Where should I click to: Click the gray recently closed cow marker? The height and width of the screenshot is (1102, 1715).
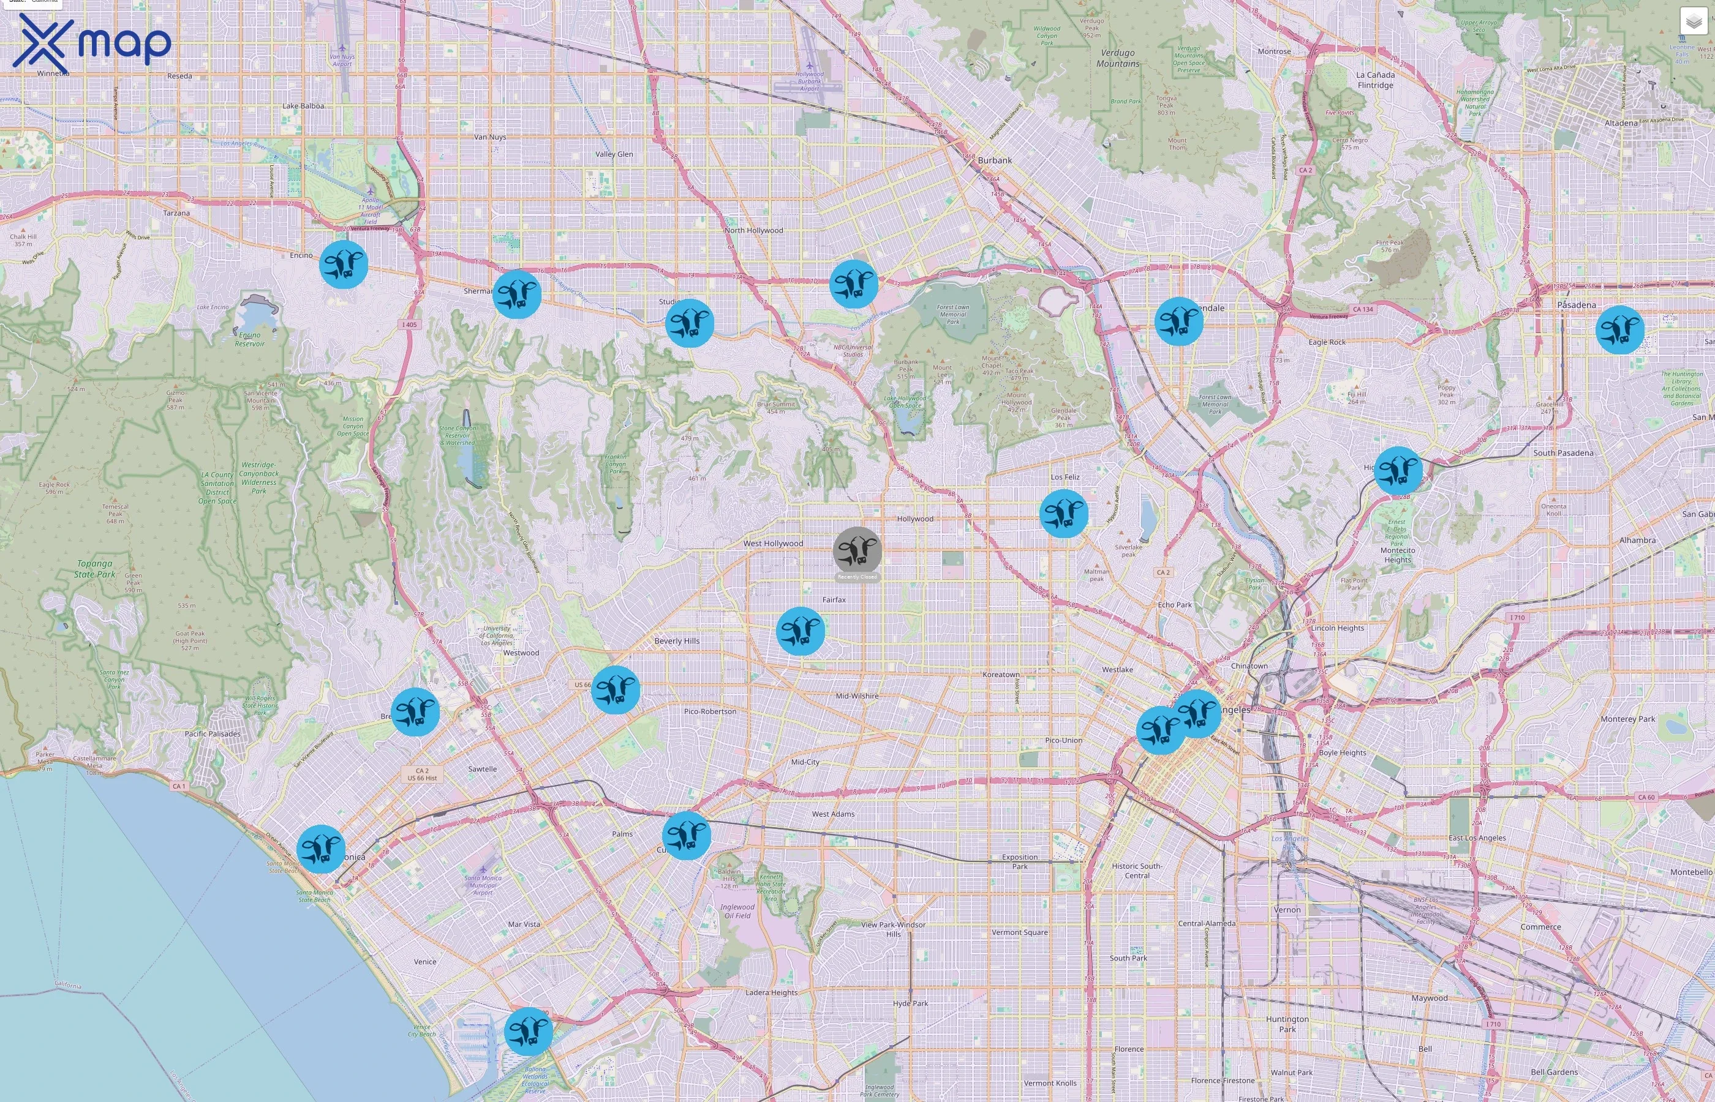tap(857, 550)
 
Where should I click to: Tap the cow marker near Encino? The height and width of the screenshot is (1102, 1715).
tap(344, 264)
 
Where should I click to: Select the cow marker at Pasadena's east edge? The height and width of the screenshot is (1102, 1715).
tap(1620, 330)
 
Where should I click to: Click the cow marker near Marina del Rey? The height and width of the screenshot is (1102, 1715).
tap(528, 1031)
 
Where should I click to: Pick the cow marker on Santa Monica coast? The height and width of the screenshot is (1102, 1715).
tap(321, 849)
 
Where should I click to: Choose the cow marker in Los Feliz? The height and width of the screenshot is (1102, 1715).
tap(1064, 513)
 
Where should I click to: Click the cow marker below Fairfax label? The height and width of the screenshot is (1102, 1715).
tap(801, 631)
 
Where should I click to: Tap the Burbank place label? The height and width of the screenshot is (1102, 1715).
tap(994, 160)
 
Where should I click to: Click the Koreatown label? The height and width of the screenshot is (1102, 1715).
tap(1001, 675)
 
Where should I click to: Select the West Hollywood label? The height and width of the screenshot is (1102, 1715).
tap(773, 544)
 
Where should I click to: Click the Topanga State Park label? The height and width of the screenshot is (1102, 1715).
tap(94, 569)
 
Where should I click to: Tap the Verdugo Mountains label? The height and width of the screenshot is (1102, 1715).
tap(1117, 58)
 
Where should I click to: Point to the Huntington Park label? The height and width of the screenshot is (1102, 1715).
tap(1287, 1024)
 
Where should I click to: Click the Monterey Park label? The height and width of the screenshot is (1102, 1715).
tap(1627, 719)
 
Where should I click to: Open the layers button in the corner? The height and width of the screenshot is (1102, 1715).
tap(1693, 21)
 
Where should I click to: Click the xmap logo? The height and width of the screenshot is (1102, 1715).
tap(92, 43)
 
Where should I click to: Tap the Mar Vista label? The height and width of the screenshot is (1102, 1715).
tap(524, 924)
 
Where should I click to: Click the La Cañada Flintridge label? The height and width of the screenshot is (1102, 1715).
tap(1375, 80)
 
